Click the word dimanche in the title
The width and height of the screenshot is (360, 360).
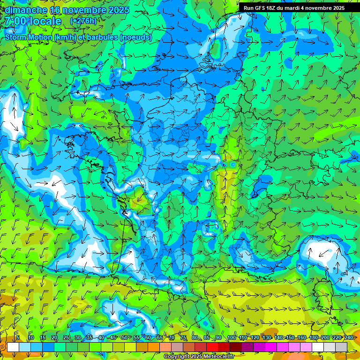click(26, 10)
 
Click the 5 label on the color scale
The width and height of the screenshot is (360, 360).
click(18, 338)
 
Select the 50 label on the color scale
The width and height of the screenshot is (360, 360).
click(124, 338)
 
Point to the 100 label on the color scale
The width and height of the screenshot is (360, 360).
click(232, 338)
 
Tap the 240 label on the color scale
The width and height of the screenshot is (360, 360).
click(349, 338)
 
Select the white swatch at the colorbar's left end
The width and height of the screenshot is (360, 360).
click(13, 347)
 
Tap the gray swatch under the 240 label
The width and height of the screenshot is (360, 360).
click(341, 347)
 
